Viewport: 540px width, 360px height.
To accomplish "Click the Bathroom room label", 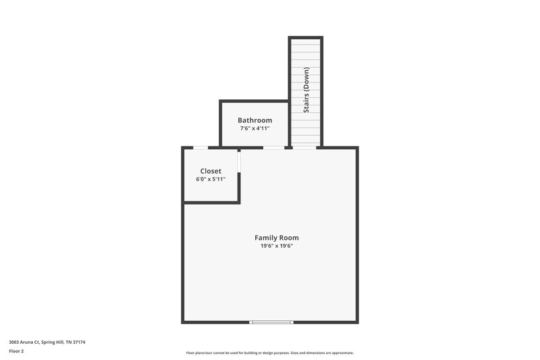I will (x=254, y=120).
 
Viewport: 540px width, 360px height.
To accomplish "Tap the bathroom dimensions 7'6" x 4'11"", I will (x=254, y=128).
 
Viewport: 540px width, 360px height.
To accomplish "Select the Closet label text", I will (x=211, y=171).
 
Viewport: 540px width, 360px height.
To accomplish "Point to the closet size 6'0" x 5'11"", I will (x=211, y=179).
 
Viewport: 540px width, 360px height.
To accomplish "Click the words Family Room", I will (x=276, y=238).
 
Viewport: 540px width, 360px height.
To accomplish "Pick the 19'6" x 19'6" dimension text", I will (x=276, y=246).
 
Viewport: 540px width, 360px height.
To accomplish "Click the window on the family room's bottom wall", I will (x=271, y=322).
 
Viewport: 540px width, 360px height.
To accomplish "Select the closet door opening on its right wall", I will (x=240, y=161).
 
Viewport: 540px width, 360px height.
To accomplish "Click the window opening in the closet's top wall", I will (x=200, y=147).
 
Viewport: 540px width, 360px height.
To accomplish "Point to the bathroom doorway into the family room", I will (x=273, y=147).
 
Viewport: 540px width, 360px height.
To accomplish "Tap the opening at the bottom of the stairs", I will (x=305, y=147).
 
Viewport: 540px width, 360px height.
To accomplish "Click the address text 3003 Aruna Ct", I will (x=24, y=342).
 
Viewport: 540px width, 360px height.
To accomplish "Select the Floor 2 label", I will (x=16, y=351).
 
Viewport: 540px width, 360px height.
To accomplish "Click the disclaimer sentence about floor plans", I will (x=269, y=353).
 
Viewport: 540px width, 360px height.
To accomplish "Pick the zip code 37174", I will (x=80, y=342).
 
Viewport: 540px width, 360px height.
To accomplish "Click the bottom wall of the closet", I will (x=211, y=202).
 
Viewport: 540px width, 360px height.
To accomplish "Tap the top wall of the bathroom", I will (x=254, y=101).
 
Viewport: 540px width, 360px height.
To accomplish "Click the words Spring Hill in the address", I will (x=53, y=342).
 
